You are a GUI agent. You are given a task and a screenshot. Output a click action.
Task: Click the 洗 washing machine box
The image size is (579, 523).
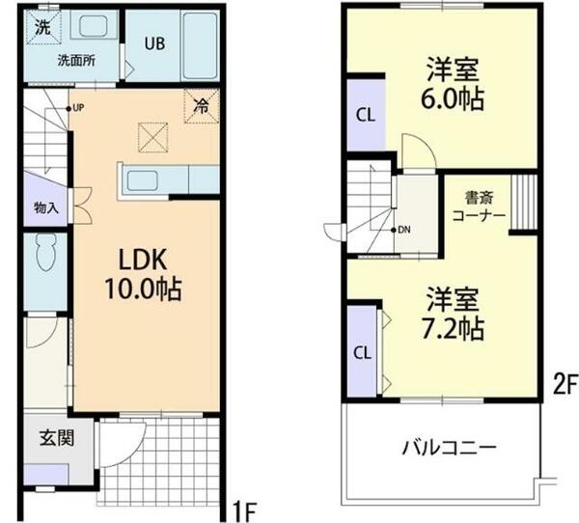pos(42,27)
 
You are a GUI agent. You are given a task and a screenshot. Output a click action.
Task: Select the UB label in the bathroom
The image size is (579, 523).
pos(154,42)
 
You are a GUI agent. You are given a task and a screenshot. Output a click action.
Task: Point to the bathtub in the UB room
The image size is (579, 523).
pos(202,47)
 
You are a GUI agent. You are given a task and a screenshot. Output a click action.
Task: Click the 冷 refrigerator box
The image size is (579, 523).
pos(203,105)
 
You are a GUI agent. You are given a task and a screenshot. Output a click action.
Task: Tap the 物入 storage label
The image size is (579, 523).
pos(46,206)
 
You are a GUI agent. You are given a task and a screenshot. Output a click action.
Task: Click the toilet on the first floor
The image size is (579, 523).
pos(44,258)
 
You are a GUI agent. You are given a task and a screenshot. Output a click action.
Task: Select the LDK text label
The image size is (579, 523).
pos(145,259)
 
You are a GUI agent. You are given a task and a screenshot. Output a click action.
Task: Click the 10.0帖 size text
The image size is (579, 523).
pos(145,288)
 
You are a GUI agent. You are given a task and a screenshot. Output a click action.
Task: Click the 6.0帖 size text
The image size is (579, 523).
pos(453,99)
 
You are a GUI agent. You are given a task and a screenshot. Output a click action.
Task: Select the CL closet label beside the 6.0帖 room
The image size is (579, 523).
pos(365,115)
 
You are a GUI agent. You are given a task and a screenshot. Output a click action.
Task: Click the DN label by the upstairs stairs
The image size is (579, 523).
pos(404,230)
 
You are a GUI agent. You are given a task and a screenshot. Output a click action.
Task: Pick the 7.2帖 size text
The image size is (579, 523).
pos(453,328)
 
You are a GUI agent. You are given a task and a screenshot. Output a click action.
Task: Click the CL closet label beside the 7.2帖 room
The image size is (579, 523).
pos(364,351)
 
